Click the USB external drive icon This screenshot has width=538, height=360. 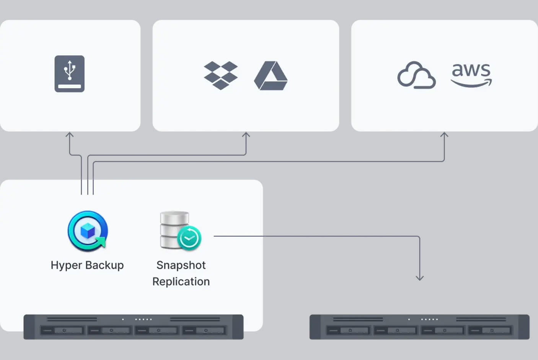tap(69, 74)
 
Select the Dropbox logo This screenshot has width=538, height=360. tap(220, 75)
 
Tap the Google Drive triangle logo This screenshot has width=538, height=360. tap(271, 76)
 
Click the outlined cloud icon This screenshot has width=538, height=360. tap(416, 75)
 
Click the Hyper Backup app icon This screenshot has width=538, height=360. tap(88, 231)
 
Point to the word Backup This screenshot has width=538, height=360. tap(104, 265)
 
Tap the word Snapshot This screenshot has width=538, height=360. tap(181, 265)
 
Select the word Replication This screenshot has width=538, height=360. tap(181, 281)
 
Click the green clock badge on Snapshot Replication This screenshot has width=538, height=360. tap(189, 238)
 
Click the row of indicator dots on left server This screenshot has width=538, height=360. tap(143, 319)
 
